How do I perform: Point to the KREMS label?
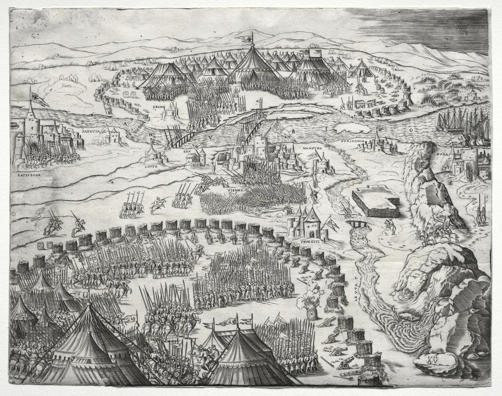(159, 107)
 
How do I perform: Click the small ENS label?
(187, 152)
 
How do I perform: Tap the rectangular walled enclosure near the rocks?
(375, 202)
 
